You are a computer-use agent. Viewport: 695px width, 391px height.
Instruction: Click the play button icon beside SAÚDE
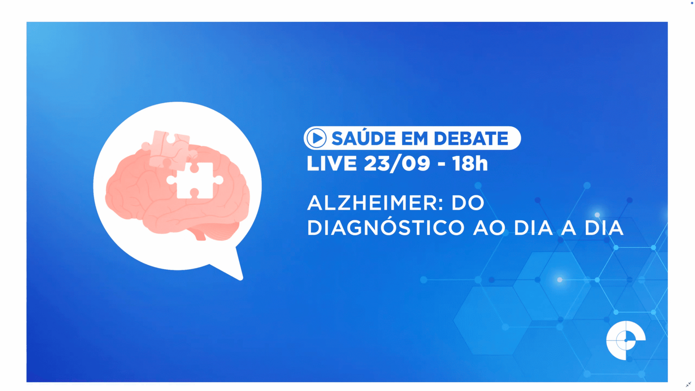click(x=316, y=138)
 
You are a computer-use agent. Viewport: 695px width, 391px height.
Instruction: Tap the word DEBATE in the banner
click(x=471, y=138)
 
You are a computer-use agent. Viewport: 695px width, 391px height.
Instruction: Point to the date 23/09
click(x=397, y=164)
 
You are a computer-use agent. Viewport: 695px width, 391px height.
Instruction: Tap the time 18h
click(x=470, y=164)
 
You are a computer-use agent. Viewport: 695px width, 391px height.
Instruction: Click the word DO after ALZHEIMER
click(x=468, y=203)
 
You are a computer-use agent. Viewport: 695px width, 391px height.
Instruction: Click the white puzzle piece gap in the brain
click(x=195, y=181)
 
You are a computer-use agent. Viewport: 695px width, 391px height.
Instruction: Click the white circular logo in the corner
click(x=625, y=341)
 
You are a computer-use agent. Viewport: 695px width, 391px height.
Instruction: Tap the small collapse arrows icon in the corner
click(x=688, y=384)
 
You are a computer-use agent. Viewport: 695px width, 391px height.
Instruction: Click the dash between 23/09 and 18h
click(x=441, y=164)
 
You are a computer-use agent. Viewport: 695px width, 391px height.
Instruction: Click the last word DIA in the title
click(x=604, y=228)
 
